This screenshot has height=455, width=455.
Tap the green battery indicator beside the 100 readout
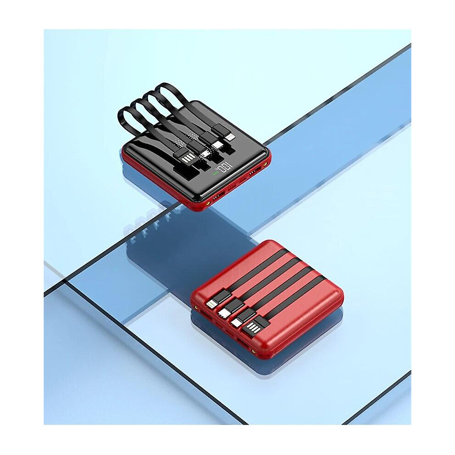(215, 174)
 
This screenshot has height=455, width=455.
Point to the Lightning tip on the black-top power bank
(231, 136)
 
